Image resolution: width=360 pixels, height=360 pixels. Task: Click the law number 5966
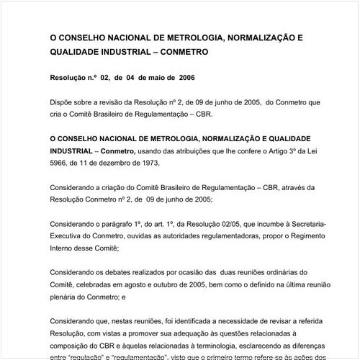[59, 163]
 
